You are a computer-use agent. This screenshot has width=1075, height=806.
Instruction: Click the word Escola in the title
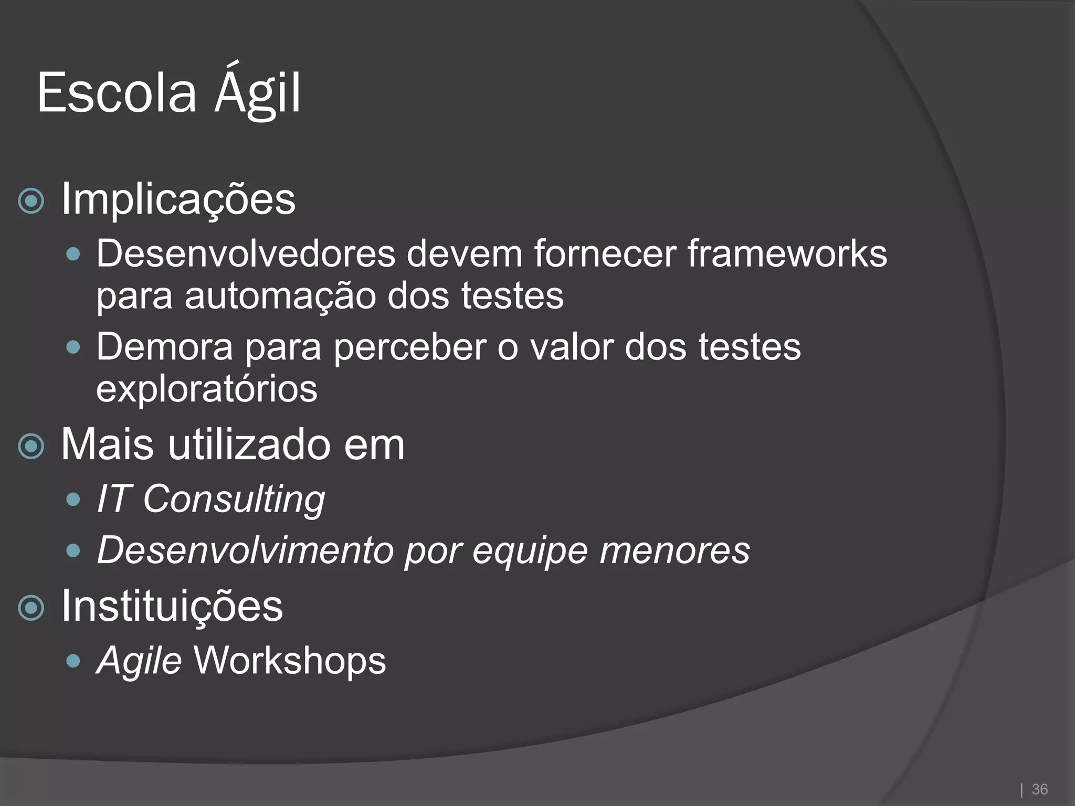coord(117,93)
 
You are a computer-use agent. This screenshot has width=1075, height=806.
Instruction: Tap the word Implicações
coord(178,199)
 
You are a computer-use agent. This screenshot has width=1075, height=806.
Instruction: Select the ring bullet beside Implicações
coord(31,200)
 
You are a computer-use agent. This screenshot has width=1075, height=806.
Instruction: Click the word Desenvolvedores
coord(245,254)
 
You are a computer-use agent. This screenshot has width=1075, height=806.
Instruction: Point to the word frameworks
coord(787,254)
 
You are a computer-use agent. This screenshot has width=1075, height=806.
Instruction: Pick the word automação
coord(280,296)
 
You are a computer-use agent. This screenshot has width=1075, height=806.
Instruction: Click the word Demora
coord(164,347)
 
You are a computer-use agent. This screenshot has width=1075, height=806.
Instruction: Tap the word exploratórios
coord(207,389)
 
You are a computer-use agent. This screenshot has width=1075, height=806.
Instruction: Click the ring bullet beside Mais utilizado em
coord(31,447)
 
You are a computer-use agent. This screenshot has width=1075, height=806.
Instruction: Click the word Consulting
coord(234,500)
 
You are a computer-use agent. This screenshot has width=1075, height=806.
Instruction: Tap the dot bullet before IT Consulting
coord(73,499)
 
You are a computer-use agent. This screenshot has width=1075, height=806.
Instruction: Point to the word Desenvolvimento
coord(245,550)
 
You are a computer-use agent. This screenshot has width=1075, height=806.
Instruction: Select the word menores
coord(674,550)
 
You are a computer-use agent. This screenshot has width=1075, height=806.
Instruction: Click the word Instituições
coord(172,607)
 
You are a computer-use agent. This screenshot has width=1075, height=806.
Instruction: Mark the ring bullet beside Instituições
coord(31,608)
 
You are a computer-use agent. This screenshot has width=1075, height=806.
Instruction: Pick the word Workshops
coord(290,660)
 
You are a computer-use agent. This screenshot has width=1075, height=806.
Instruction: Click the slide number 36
coord(1039,789)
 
